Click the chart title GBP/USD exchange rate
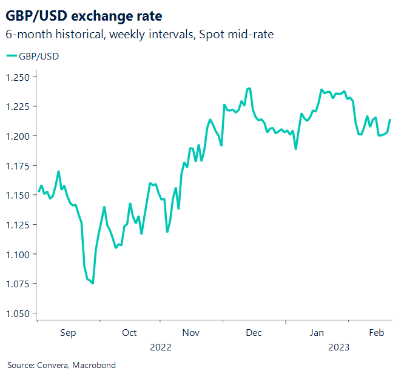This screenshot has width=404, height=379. pos(84,15)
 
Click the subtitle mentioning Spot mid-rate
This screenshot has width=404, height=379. pos(140,35)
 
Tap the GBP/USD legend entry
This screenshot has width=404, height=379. pos(33,56)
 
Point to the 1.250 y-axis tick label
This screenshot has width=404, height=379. pos(18,77)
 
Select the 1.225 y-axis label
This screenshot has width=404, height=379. pos(18,107)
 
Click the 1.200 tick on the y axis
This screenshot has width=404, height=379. pos(18,136)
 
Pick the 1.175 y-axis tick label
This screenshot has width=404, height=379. pos(18,166)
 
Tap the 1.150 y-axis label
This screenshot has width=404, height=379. pos(18,195)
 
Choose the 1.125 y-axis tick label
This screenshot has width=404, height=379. pos(18,225)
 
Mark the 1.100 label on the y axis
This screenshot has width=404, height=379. pos(18,254)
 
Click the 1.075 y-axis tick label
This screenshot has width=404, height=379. pos(18,284)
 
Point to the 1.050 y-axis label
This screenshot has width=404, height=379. pos(18,313)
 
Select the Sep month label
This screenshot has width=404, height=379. pos(68,333)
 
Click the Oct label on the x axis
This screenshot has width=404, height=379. pos(129,333)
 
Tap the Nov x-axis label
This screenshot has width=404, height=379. pos(191,333)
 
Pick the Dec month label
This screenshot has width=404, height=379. pos(254,333)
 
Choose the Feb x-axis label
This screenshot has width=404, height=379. pos(377,333)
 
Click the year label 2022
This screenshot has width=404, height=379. pos(160,347)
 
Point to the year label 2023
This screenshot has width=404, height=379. pos(338,347)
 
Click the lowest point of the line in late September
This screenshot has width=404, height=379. pos(92,283)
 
